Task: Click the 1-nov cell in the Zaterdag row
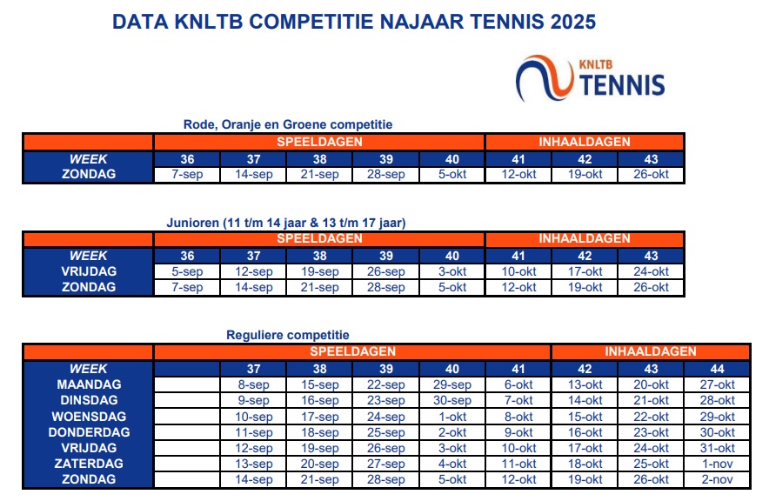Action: pos(717,464)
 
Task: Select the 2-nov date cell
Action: pos(717,479)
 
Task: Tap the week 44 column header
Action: pos(717,369)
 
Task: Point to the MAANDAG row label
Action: pos(89,384)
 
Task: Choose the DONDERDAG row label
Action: pos(89,432)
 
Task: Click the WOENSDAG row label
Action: pos(89,417)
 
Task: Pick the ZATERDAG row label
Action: pos(89,464)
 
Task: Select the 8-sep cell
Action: pos(253,384)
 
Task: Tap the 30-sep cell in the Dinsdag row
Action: pos(452,400)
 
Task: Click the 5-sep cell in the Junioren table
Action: pos(187,271)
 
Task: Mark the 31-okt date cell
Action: pos(717,448)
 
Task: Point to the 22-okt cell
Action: pos(651,417)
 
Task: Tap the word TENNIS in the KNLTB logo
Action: pos(622,85)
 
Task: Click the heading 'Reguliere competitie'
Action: pos(288,336)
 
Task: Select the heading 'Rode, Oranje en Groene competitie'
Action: pos(288,124)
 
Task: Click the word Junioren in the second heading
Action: pos(193,223)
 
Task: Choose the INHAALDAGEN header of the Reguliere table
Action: pos(651,351)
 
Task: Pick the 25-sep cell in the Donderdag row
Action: pos(386,432)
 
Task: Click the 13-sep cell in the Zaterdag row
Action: pos(253,464)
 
